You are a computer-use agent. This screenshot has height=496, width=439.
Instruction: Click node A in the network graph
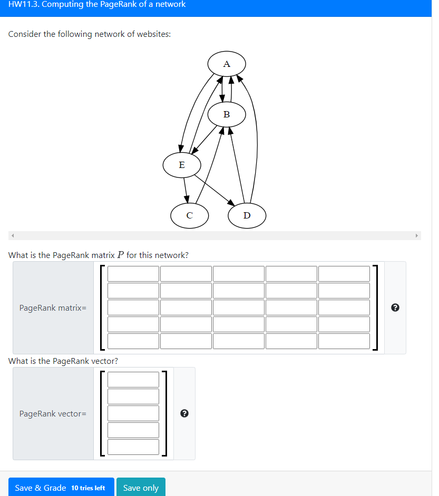(227, 64)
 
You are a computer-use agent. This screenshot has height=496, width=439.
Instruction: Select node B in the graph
(227, 114)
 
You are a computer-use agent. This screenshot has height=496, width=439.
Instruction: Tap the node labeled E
(182, 165)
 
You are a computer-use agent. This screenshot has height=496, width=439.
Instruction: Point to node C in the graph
(190, 215)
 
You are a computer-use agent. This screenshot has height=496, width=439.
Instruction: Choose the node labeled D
(247, 215)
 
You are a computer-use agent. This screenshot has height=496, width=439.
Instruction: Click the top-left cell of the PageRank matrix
(133, 274)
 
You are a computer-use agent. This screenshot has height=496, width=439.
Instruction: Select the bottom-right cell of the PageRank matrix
(344, 341)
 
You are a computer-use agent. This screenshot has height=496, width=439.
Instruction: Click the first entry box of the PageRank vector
(133, 380)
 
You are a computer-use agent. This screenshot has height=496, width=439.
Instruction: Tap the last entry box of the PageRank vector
(133, 447)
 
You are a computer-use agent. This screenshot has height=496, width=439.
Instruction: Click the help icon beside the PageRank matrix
(396, 308)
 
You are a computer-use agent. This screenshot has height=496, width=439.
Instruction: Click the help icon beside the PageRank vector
(184, 414)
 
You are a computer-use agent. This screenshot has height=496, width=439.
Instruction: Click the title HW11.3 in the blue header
(97, 5)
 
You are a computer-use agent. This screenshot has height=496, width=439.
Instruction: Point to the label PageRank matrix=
(53, 308)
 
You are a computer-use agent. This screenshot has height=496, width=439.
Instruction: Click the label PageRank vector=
(53, 414)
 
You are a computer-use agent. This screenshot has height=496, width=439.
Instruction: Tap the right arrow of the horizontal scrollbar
(417, 235)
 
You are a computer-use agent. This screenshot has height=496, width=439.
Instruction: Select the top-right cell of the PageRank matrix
(344, 274)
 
